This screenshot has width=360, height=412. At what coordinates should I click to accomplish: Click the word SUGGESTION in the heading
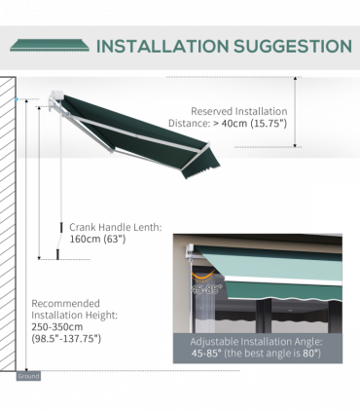click(x=291, y=46)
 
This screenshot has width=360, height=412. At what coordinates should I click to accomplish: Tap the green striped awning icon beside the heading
click(x=50, y=45)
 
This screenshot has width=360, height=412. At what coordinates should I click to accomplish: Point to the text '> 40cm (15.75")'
click(x=237, y=125)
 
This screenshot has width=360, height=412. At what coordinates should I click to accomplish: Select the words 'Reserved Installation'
click(x=238, y=111)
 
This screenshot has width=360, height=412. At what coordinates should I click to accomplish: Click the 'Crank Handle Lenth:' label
click(x=115, y=227)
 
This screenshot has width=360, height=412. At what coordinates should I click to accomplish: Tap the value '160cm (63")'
click(x=97, y=240)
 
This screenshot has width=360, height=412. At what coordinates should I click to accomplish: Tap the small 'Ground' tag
click(x=27, y=375)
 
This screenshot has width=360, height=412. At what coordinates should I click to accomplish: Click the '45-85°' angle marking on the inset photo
click(x=205, y=288)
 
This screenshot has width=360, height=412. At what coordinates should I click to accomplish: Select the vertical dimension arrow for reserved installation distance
click(x=298, y=112)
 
